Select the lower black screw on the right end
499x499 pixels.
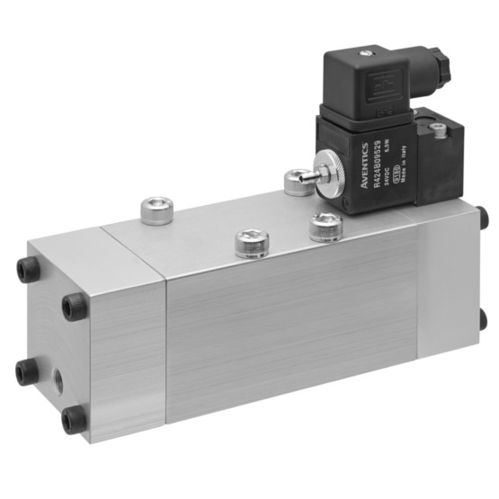click(483, 317)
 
